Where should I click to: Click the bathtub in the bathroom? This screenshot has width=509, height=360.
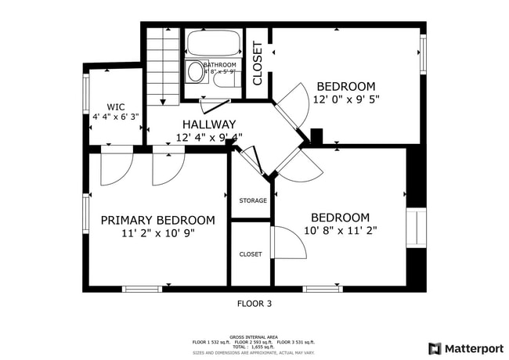pyautogui.click(x=214, y=42)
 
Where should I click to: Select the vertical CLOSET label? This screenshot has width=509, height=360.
pyautogui.click(x=257, y=63)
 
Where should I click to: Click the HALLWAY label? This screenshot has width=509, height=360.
pyautogui.click(x=208, y=124)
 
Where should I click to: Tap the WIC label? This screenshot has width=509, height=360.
pyautogui.click(x=115, y=106)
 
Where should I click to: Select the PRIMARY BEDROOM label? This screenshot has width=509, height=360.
pyautogui.click(x=157, y=220)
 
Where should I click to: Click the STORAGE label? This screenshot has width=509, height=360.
pyautogui.click(x=252, y=200)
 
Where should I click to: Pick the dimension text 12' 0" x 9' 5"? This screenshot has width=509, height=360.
pyautogui.click(x=345, y=100)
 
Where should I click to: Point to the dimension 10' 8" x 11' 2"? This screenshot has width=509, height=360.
pyautogui.click(x=340, y=230)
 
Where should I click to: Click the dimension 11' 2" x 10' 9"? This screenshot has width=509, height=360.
pyautogui.click(x=157, y=233)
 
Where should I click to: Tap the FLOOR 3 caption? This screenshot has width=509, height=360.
pyautogui.click(x=254, y=303)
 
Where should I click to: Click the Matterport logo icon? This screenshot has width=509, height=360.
pyautogui.click(x=434, y=348)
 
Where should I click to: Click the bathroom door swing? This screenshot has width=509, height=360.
pyautogui.click(x=214, y=102)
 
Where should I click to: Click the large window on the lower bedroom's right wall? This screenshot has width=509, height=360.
pyautogui.click(x=417, y=228)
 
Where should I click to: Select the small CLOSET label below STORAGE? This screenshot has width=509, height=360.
pyautogui.click(x=251, y=254)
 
